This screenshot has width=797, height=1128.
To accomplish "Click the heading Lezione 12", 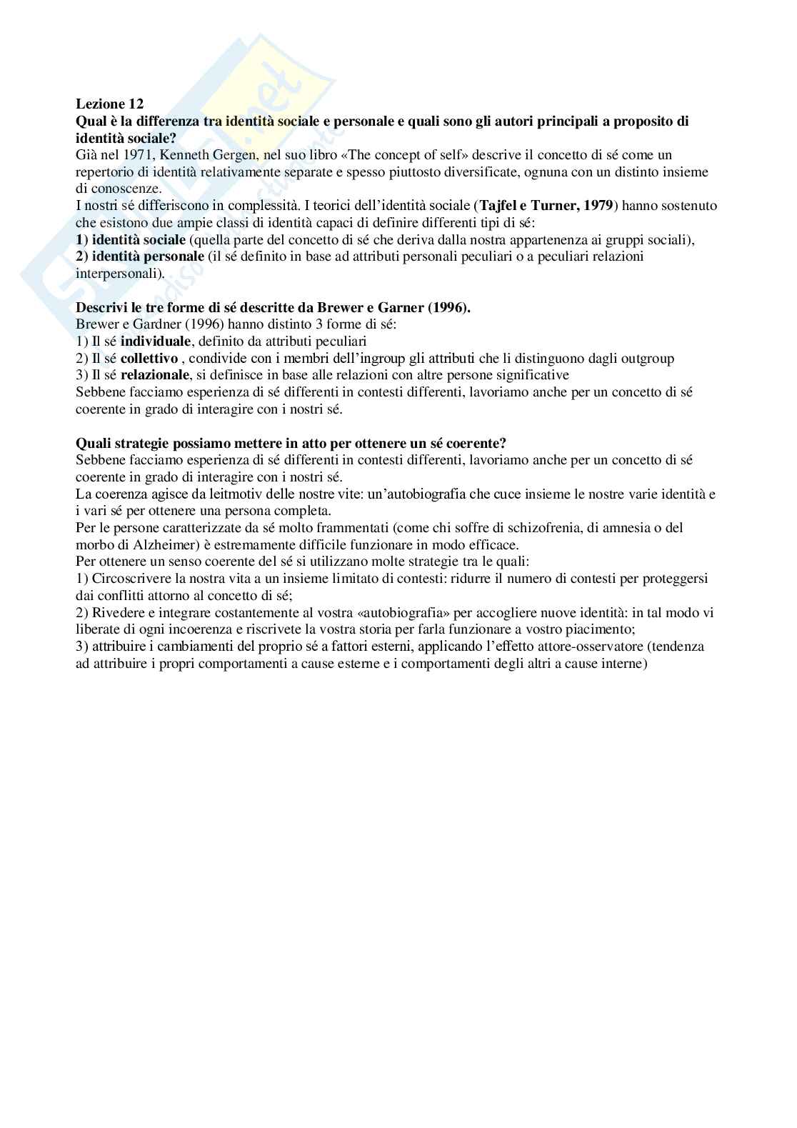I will coord(109,104).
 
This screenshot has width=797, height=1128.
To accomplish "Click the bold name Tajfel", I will coord(499,206).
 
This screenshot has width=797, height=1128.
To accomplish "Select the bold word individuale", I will coord(155,341).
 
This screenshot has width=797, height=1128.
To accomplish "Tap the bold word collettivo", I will coord(149,359).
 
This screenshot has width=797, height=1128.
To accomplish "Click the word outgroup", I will coord(648,359).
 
